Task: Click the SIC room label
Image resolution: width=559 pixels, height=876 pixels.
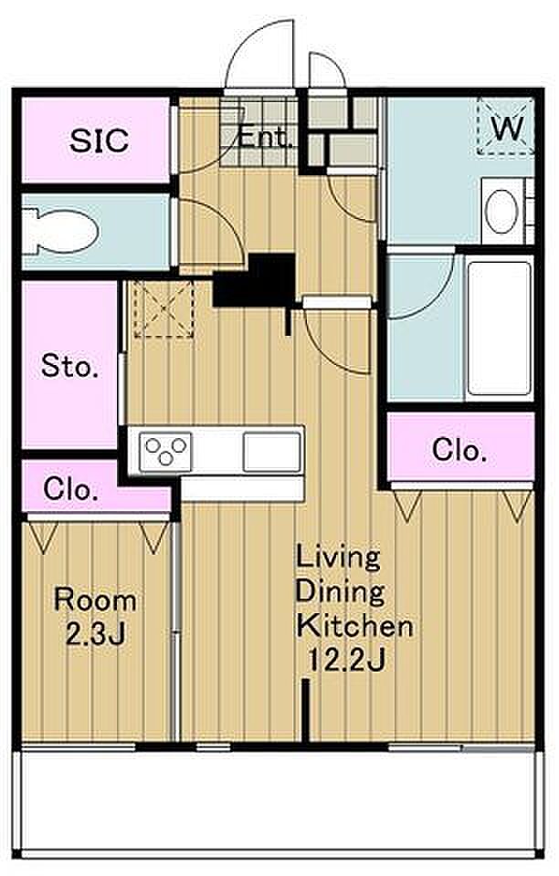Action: pyautogui.click(x=99, y=141)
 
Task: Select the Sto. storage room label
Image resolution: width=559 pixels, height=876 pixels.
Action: pyautogui.click(x=69, y=367)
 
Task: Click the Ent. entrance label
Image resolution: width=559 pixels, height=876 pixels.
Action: pyautogui.click(x=266, y=138)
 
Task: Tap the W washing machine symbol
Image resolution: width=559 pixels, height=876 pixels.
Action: pyautogui.click(x=506, y=128)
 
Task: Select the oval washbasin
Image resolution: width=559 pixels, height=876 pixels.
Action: pyautogui.click(x=501, y=211)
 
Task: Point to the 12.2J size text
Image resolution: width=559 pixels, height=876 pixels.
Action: pyautogui.click(x=346, y=661)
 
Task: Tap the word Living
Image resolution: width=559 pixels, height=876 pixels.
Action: pyautogui.click(x=338, y=557)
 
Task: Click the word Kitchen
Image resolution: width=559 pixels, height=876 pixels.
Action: pyautogui.click(x=355, y=626)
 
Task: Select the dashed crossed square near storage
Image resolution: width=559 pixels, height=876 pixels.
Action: pyautogui.click(x=163, y=309)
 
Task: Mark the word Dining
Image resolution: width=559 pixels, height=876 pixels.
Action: pyautogui.click(x=341, y=592)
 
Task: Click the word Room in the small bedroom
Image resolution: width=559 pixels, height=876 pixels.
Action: pyautogui.click(x=95, y=600)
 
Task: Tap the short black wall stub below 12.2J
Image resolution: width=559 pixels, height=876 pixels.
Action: pyautogui.click(x=305, y=711)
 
